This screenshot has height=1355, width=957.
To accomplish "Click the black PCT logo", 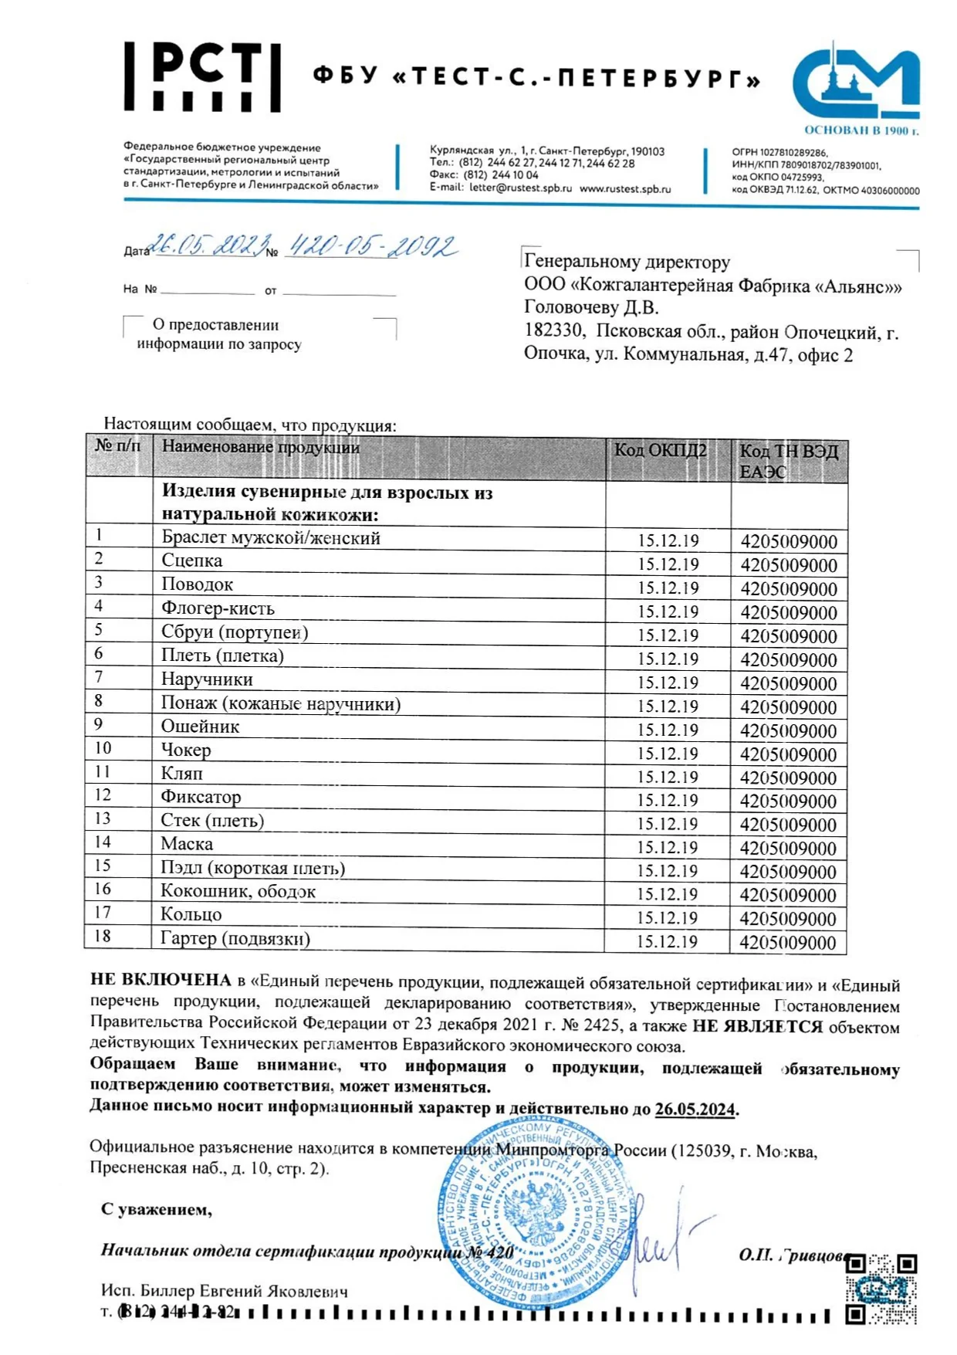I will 202,76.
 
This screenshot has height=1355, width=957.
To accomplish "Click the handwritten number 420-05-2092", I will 372,246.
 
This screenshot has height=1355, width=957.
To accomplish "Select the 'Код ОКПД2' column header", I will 660,450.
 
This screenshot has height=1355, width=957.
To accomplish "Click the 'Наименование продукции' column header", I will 261,447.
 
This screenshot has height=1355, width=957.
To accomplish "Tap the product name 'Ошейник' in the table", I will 200,727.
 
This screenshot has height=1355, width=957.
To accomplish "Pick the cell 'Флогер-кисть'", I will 218,608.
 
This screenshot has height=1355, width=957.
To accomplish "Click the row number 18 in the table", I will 103,937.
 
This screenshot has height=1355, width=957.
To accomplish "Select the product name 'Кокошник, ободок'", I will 238,892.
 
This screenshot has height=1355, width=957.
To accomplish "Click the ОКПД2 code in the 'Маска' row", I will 667,848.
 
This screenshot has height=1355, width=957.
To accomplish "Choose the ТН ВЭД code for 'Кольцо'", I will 788,919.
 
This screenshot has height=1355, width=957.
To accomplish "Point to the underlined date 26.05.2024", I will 695,1109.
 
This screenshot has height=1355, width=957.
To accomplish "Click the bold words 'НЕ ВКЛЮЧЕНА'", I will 161,981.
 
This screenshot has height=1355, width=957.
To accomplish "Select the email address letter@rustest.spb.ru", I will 521,188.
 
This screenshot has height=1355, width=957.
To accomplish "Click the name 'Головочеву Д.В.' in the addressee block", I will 591,308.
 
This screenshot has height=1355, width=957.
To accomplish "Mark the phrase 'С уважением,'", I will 157,1209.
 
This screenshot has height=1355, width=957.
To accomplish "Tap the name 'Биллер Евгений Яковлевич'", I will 244,1291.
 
